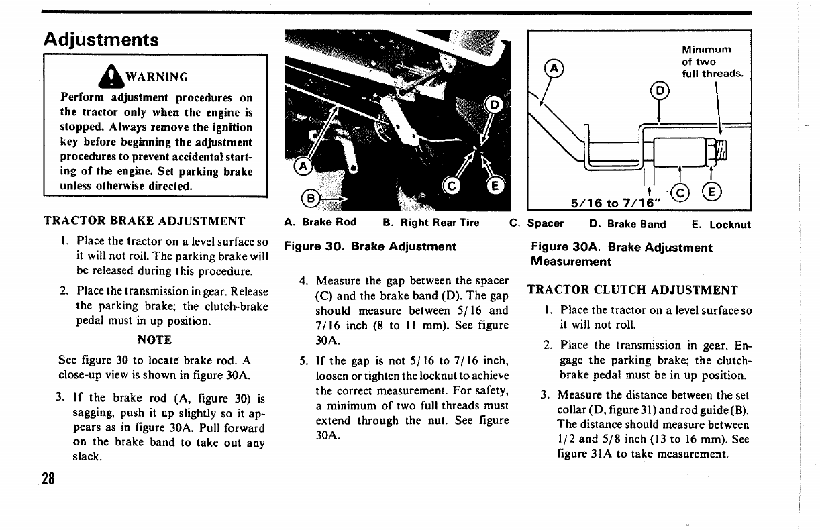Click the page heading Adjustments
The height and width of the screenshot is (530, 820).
[101, 39]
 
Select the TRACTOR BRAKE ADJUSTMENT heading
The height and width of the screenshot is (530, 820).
[144, 221]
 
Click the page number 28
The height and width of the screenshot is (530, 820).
[47, 479]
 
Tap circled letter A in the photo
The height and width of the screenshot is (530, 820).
[303, 166]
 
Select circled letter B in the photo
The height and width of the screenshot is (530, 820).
[310, 198]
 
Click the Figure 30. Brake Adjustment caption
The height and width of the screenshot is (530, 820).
[370, 246]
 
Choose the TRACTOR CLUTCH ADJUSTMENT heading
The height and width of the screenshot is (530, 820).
[632, 290]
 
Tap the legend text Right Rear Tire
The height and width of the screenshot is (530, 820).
[440, 223]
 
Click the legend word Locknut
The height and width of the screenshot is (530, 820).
[729, 225]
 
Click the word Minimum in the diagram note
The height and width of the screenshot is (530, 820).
[706, 50]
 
